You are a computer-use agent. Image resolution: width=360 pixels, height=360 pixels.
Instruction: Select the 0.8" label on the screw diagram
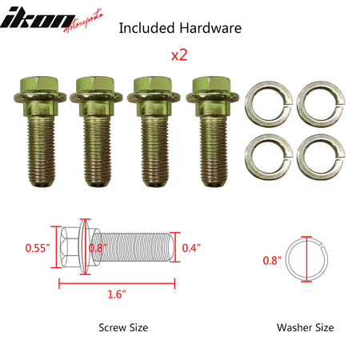click(x=98, y=248)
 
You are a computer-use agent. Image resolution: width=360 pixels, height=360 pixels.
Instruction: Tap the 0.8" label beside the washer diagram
click(x=273, y=260)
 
